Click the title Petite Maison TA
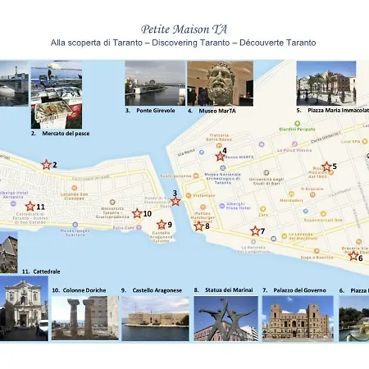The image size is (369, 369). point(184,28)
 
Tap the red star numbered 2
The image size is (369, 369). point(46,165)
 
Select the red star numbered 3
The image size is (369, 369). point(175,201)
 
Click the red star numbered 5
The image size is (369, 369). point(326,167)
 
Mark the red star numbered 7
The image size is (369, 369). point(255,231)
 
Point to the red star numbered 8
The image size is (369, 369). point(199,225)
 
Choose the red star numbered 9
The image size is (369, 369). point(162,224)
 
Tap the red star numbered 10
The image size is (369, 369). point(137,213)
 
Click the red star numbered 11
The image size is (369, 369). point(30,207)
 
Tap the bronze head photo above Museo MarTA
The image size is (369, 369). point(219,83)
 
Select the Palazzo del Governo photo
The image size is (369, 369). point(297,318)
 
